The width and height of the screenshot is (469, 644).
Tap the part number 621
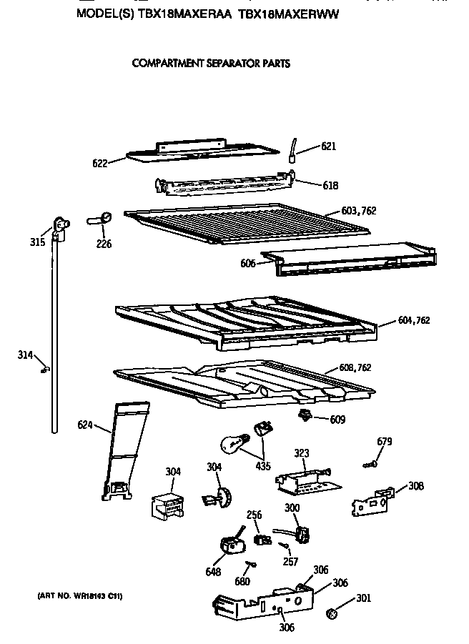coord(328,147)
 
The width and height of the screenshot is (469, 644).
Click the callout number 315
coord(38,242)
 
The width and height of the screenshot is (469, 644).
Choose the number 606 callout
coord(248,263)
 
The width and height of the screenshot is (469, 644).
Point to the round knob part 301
coord(332,614)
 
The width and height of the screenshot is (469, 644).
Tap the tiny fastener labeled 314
coord(46,369)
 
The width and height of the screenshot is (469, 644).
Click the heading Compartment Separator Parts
coord(211,64)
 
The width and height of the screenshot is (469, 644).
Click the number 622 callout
coord(100,163)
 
